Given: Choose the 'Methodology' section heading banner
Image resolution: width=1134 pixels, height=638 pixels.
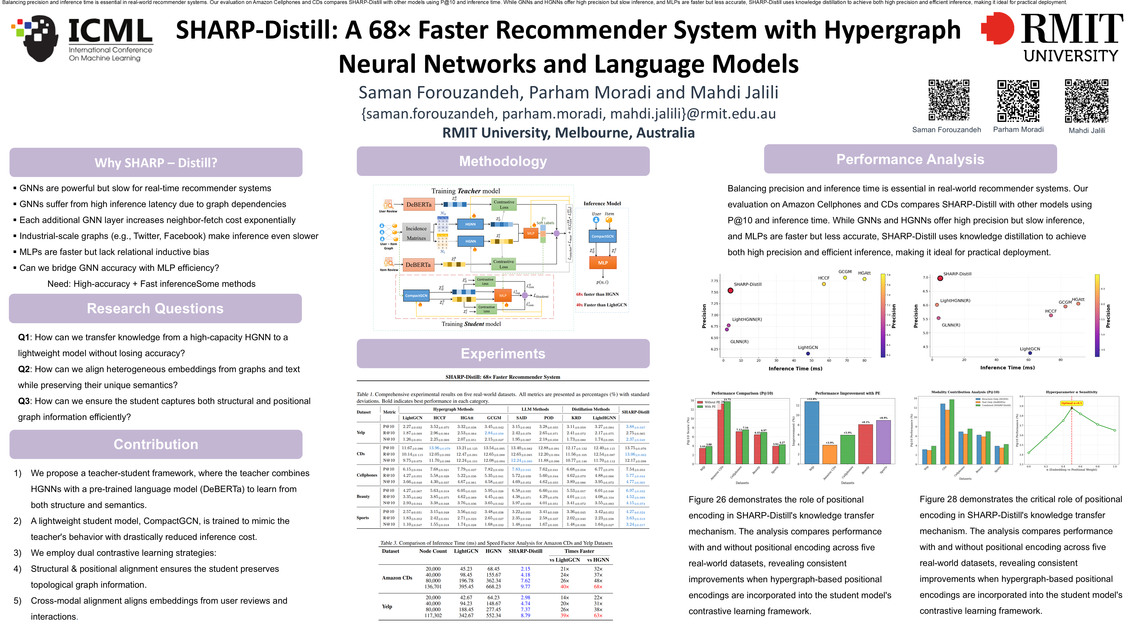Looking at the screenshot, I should click(503, 161).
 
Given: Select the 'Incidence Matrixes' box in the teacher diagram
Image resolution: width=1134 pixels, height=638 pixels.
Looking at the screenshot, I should click(416, 233).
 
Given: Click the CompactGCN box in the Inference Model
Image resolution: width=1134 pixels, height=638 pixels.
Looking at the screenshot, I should click(602, 236).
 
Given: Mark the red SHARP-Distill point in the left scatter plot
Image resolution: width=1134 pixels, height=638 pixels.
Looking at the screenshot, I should click(730, 291).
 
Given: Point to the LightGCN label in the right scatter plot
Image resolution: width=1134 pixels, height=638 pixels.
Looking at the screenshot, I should click(1030, 349).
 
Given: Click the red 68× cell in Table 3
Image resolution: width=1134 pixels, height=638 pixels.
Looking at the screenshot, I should click(598, 586).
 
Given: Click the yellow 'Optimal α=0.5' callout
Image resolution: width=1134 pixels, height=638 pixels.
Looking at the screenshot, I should click(1071, 403).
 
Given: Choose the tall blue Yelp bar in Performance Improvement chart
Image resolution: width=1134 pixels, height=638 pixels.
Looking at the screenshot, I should click(811, 432).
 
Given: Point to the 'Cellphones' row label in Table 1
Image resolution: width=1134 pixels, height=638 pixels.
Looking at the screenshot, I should click(367, 475).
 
